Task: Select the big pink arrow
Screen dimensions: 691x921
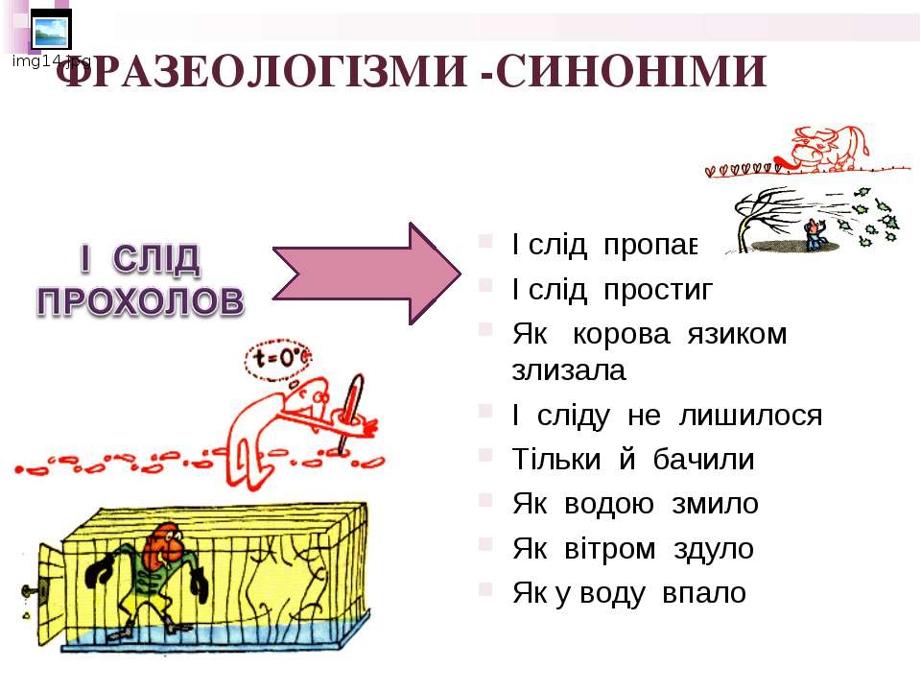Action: (355, 273)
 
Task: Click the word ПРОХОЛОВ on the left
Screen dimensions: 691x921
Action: (140, 301)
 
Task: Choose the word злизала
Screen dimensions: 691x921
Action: (569, 369)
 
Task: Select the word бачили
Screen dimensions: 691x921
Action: (704, 461)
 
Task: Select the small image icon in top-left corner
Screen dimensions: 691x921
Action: (50, 32)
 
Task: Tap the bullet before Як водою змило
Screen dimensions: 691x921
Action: (486, 502)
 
